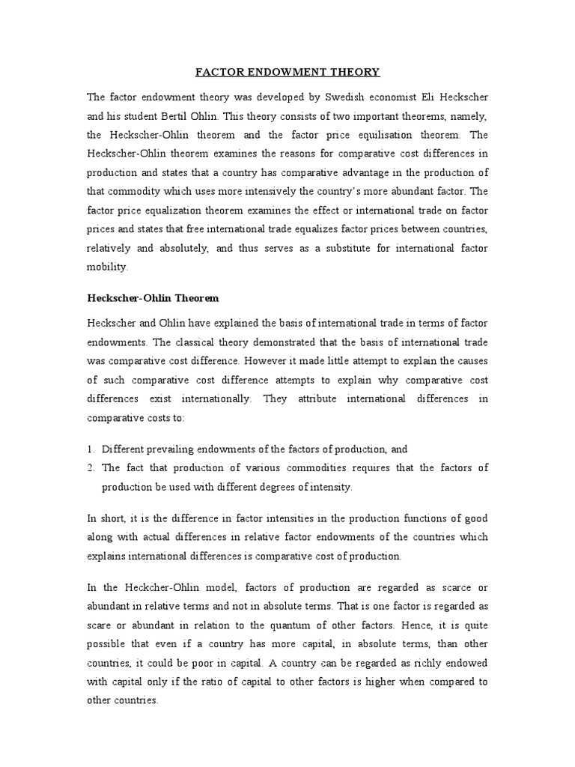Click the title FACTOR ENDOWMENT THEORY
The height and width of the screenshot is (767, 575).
point(287,73)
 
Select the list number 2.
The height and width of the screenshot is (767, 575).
point(91,468)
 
